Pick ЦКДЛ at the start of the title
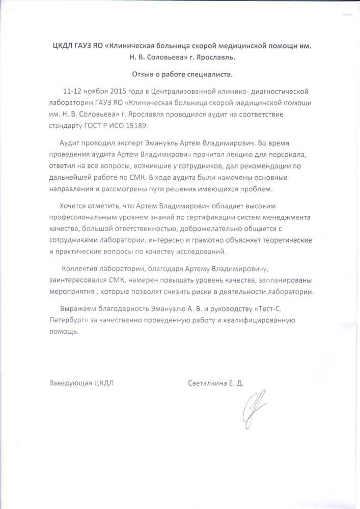pyautogui.click(x=64, y=46)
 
